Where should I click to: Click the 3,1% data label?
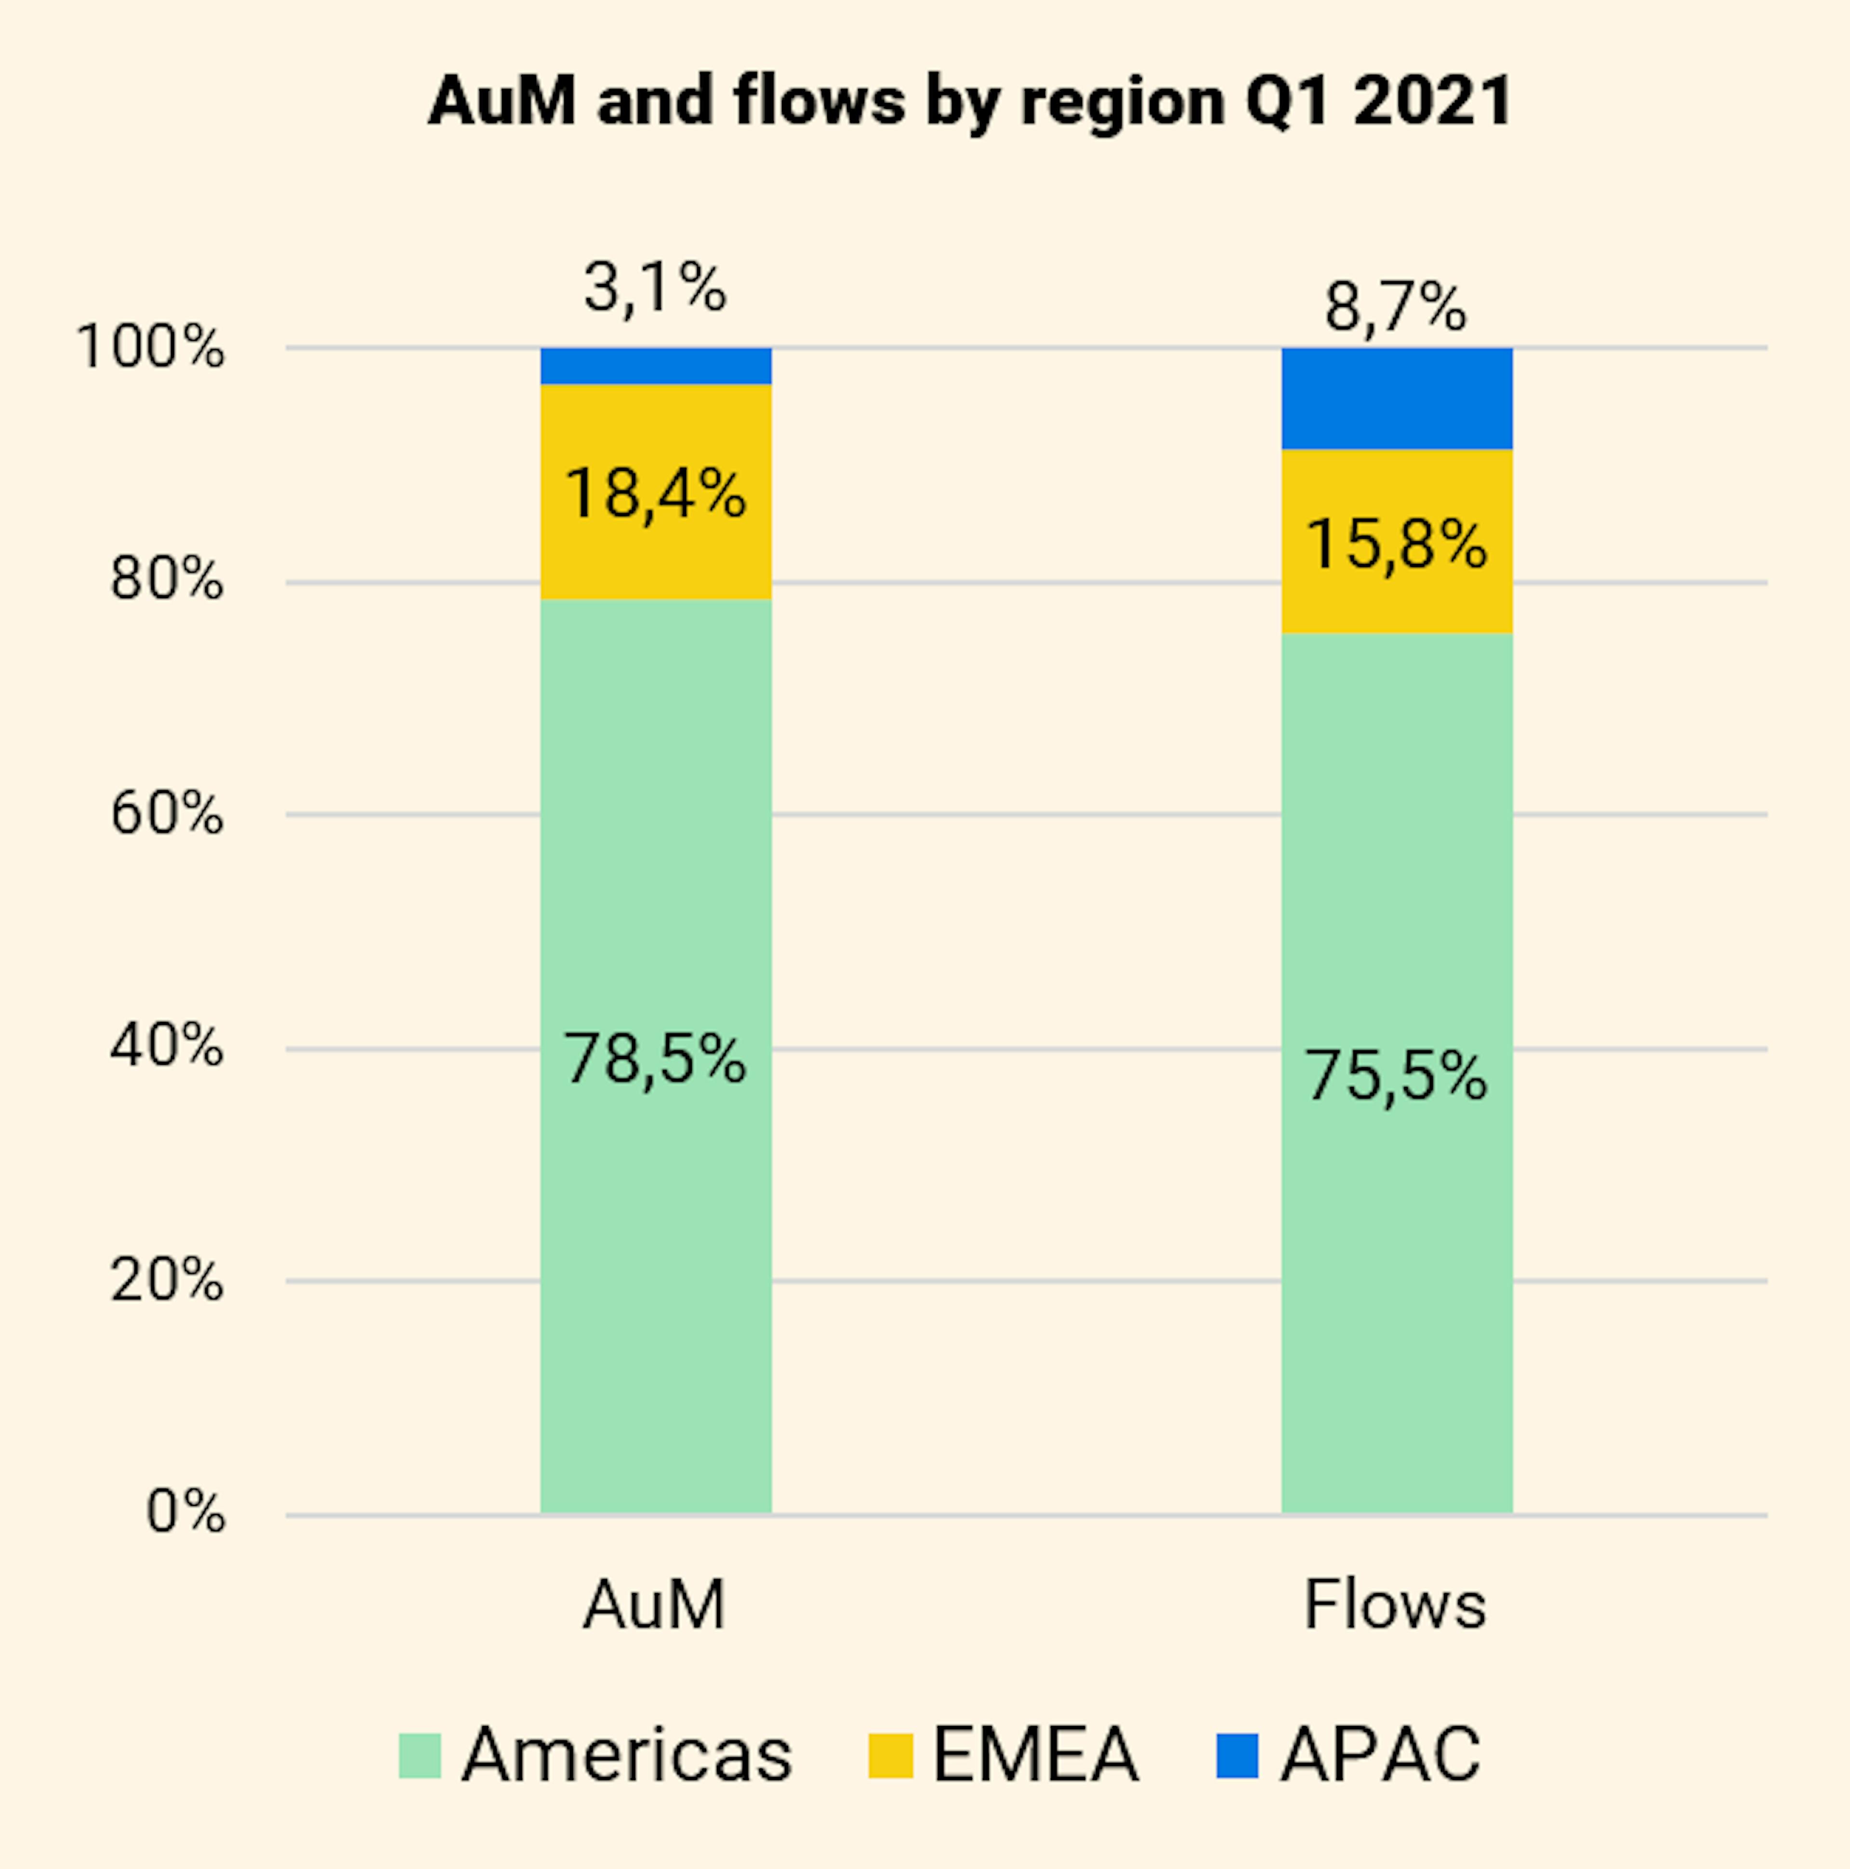[655, 288]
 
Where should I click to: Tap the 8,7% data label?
[1395, 308]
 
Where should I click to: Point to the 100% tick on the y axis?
[150, 346]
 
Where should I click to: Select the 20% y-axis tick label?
[166, 1280]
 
